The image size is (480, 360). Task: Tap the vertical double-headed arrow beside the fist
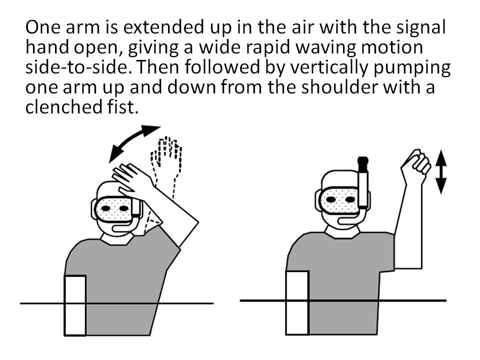pyautogui.click(x=440, y=171)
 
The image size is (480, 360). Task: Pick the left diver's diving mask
pyautogui.click(x=115, y=209)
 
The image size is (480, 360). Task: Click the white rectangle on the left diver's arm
pyautogui.click(x=75, y=305)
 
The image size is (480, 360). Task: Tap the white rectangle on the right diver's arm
pyautogui.click(x=297, y=303)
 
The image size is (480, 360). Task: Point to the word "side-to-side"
pyautogui.click(x=76, y=67)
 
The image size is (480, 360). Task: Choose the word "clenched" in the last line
pyautogui.click(x=63, y=107)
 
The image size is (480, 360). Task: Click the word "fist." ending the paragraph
pyautogui.click(x=123, y=107)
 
